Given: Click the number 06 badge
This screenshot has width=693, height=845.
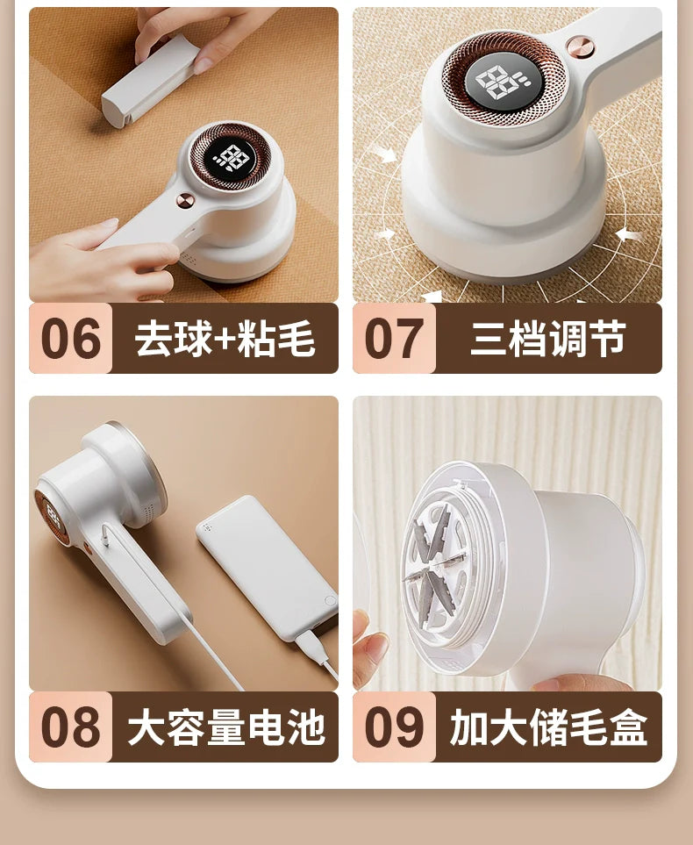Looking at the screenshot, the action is [70, 338].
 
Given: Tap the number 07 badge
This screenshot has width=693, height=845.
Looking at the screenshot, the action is [394, 338].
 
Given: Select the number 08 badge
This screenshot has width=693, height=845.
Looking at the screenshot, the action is [70, 727].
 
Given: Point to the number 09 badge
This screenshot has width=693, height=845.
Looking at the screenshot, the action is [394, 727].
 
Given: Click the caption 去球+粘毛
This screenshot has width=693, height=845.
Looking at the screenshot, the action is [225, 339].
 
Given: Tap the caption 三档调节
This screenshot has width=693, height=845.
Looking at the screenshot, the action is [548, 339].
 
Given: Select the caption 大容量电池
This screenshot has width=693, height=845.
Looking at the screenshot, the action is [226, 727].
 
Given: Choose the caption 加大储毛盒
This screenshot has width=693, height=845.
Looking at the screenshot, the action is [548, 727].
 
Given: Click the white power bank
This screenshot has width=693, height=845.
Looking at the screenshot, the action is [268, 567].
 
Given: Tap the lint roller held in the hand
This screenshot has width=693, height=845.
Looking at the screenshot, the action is [149, 82].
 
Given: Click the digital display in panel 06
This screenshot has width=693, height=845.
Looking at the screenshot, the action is [231, 159].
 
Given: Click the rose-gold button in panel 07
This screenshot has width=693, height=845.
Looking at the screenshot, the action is [581, 47].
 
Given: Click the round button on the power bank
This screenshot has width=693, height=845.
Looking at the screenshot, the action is [329, 600].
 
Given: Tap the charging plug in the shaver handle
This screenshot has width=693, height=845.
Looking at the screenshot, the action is [106, 534].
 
